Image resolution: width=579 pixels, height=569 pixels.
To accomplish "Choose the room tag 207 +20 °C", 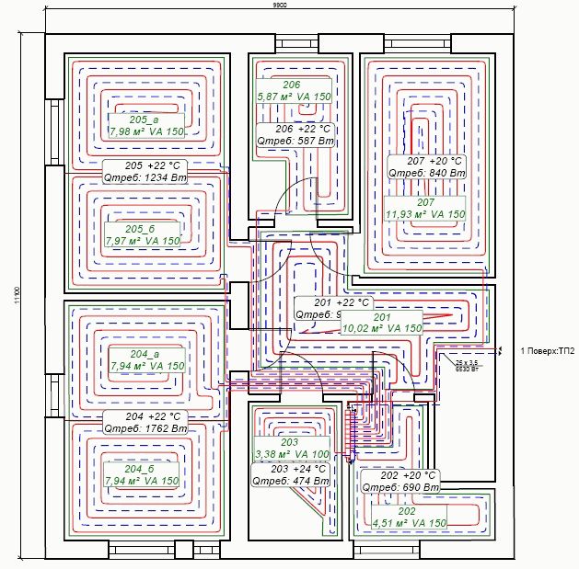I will [425, 160].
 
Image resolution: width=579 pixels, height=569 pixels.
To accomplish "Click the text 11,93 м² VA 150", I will [425, 213].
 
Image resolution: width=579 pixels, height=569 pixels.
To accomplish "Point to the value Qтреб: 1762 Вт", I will [145, 428].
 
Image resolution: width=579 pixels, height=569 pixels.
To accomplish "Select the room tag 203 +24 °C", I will [291, 468].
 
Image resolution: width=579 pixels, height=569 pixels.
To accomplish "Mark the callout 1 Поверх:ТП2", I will [546, 351].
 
